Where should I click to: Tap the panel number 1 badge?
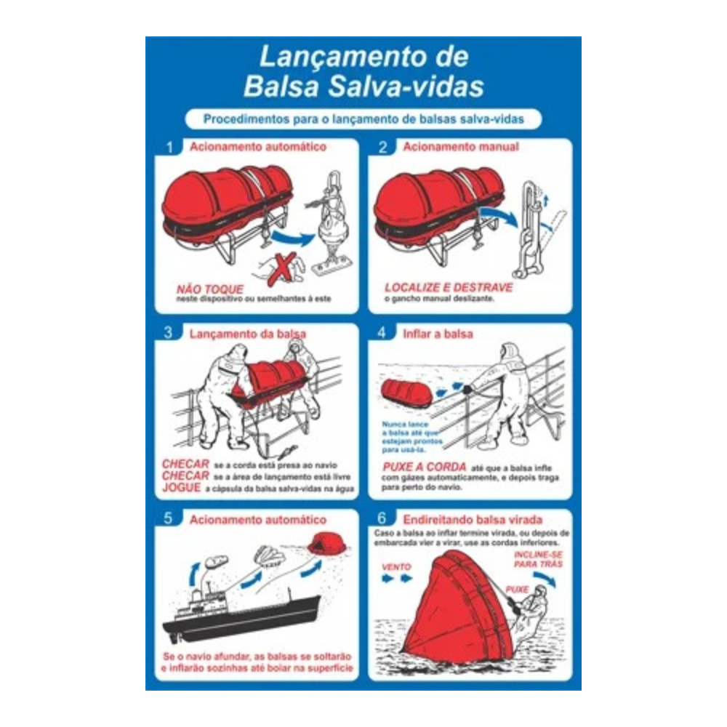point(169,148)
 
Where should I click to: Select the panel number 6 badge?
point(382,518)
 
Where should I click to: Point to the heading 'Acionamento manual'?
point(461,147)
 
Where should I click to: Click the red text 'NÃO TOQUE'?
point(209,289)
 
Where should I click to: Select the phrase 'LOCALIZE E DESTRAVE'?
point(449,287)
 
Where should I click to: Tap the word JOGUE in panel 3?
point(181,488)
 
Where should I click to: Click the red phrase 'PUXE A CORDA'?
point(425,467)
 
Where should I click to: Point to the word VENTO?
point(396,566)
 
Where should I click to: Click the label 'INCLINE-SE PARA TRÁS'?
point(538,559)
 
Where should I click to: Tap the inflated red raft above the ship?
point(326,543)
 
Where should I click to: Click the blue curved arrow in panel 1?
point(292,238)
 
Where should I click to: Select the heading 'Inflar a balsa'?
point(438,334)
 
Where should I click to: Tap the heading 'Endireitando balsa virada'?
point(473,519)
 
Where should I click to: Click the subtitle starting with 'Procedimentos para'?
point(363,119)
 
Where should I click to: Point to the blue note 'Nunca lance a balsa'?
point(411,437)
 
